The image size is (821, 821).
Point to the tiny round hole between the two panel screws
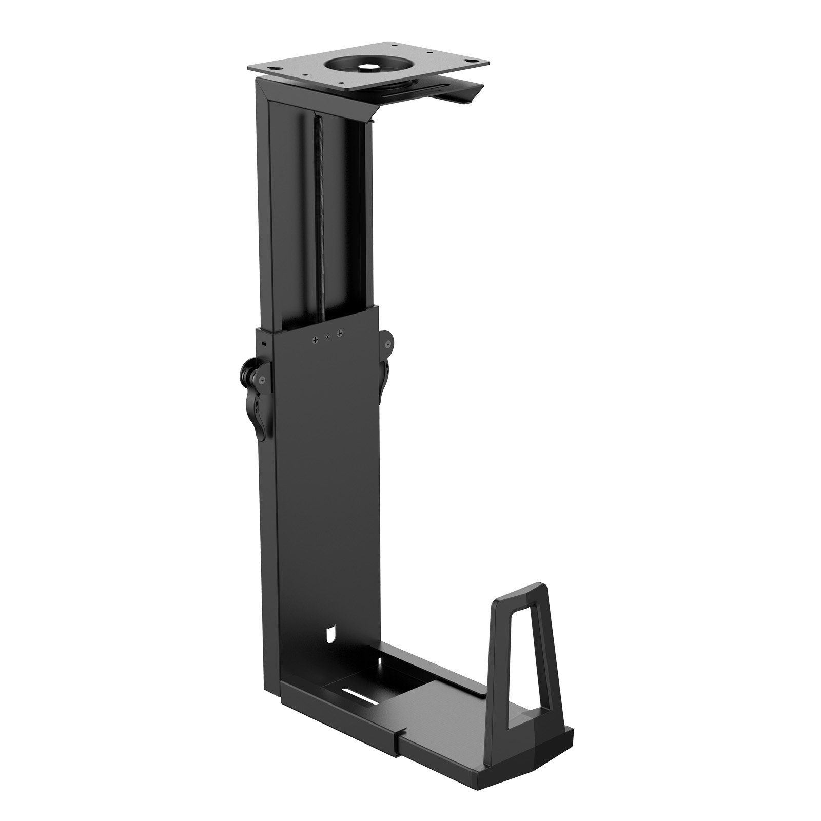(x=327, y=337)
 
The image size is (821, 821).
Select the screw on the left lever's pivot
(x=262, y=380)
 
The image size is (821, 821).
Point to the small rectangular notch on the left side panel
(x=264, y=342)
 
